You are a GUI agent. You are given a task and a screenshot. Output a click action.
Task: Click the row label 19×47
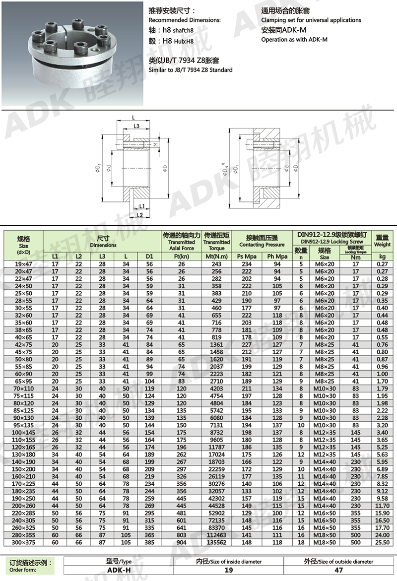point(24,264)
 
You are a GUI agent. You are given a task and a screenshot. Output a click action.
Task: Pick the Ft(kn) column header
point(181,256)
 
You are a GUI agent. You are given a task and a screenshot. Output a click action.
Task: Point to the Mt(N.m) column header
point(216,256)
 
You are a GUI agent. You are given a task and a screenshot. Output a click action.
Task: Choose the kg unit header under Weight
point(382,256)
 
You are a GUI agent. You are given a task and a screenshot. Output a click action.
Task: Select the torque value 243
point(216,264)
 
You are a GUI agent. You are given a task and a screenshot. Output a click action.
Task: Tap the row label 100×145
point(24,432)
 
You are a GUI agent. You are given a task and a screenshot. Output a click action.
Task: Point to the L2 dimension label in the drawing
point(140,214)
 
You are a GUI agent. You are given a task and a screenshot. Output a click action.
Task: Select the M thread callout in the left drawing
point(156,145)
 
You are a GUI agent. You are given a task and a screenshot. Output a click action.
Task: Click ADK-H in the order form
point(119,571)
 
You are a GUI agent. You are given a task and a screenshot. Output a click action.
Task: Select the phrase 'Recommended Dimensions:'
point(185,20)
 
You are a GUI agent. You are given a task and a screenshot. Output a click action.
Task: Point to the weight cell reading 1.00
point(382,374)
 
